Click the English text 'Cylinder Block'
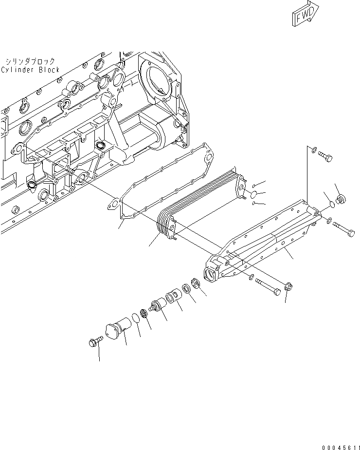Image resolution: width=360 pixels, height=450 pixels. tap(30, 70)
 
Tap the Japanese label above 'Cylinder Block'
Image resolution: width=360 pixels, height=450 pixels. tap(31, 61)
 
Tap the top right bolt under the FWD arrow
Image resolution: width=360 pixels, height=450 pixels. tap(325, 157)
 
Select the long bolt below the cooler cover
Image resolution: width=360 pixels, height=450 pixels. tap(267, 286)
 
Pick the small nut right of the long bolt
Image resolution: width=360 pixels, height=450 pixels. tap(287, 287)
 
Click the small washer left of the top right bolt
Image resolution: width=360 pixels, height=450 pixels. tap(314, 150)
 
